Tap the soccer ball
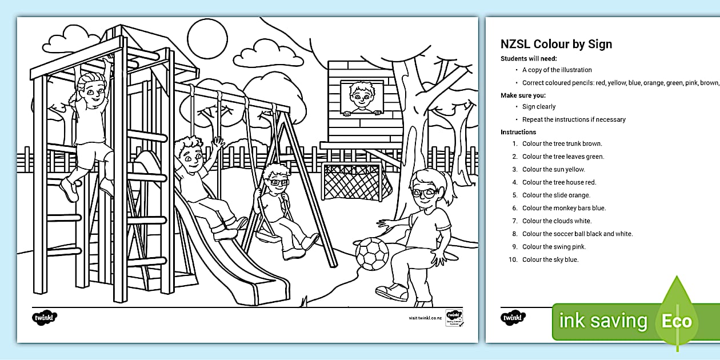click(x=372, y=253)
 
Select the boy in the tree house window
click(x=361, y=98)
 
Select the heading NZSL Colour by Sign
click(x=556, y=45)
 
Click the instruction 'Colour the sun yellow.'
click(x=553, y=170)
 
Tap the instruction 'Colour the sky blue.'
click(x=550, y=260)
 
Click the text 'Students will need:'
click(x=529, y=58)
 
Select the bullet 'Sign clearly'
click(x=539, y=107)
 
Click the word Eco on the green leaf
click(x=677, y=321)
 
